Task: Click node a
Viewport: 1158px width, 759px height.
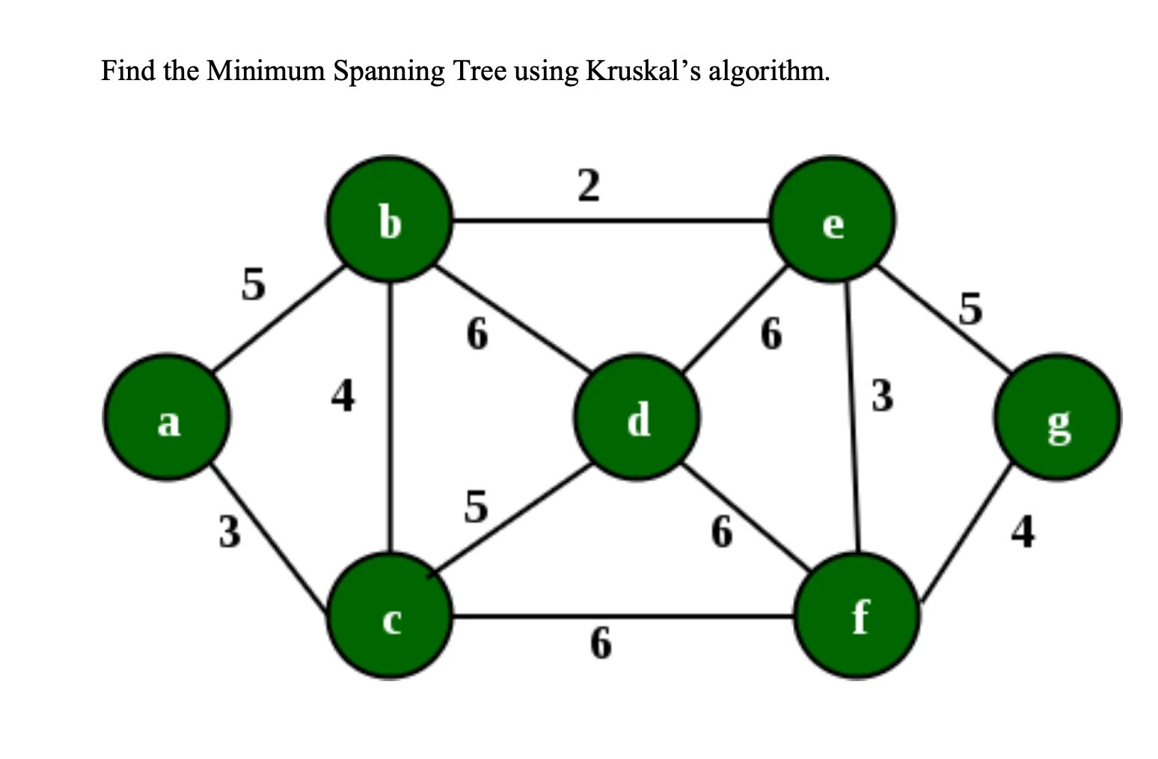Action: tap(166, 418)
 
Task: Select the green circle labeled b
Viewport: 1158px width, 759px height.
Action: tap(389, 220)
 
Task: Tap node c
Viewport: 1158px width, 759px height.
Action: tap(389, 617)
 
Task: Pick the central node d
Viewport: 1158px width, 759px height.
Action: tap(637, 418)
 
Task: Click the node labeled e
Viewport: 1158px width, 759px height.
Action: tap(832, 220)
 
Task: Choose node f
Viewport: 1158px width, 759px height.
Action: tap(857, 617)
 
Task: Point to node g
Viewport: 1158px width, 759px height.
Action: tap(1056, 418)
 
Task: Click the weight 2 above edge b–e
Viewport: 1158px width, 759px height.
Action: tap(588, 186)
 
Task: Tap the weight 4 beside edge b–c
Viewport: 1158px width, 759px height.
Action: tap(343, 395)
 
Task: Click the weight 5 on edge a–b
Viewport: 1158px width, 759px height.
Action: tap(253, 284)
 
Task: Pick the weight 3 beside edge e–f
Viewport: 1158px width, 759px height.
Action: tap(882, 395)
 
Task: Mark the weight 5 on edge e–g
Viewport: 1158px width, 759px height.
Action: tap(969, 308)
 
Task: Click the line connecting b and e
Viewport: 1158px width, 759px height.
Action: tap(610, 221)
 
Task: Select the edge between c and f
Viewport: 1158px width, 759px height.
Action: tap(621, 617)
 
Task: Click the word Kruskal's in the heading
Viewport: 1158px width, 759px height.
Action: tap(643, 71)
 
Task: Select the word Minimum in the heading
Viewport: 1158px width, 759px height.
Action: tap(266, 71)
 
